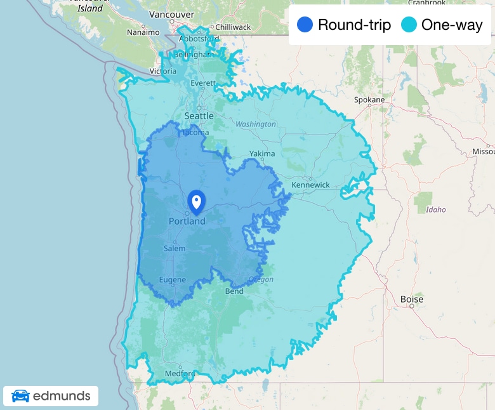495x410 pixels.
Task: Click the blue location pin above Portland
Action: coord(197,202)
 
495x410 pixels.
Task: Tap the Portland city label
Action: coord(187,222)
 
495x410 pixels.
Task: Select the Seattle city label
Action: coord(199,116)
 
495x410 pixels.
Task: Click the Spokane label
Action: coord(369,100)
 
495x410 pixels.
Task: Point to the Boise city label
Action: coord(412,299)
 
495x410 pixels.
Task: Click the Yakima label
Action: coord(262,154)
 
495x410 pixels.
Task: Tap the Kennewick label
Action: coord(310,185)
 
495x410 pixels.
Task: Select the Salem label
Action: coord(175,248)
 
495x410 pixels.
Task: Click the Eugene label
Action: coord(173,280)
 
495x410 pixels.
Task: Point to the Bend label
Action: coord(234,291)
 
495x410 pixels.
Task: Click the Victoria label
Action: coord(163,71)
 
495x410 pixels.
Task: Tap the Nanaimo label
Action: coord(143,32)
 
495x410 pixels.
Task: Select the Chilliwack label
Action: coord(233,27)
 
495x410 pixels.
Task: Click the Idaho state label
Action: coord(436,209)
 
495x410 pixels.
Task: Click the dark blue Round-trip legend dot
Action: coord(305,25)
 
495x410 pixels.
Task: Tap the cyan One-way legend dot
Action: coord(409,25)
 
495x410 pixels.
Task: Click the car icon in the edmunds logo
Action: coord(20,397)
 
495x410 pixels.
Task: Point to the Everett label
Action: coord(203,83)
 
